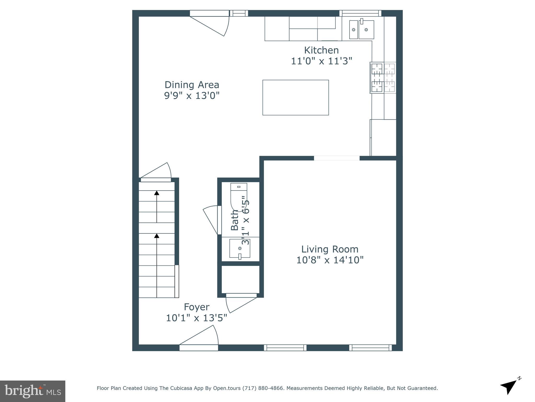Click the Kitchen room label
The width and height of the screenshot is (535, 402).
coord(321,50)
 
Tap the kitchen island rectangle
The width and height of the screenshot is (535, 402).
coord(295,97)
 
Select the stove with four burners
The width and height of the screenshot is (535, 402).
coord(383,78)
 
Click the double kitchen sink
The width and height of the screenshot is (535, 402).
coord(362,30)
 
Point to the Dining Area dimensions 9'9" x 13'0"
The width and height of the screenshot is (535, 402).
coord(191,96)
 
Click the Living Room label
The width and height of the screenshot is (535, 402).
coord(330,249)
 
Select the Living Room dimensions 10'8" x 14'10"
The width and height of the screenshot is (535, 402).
coord(330,260)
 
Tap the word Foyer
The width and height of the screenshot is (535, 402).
coord(196,307)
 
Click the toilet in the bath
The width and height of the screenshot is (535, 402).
coord(238,195)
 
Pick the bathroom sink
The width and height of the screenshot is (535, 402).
coord(240,248)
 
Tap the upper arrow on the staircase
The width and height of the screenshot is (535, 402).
coord(156,193)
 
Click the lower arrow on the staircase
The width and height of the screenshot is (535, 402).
coord(156,236)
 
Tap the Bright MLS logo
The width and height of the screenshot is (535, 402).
coord(32,391)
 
